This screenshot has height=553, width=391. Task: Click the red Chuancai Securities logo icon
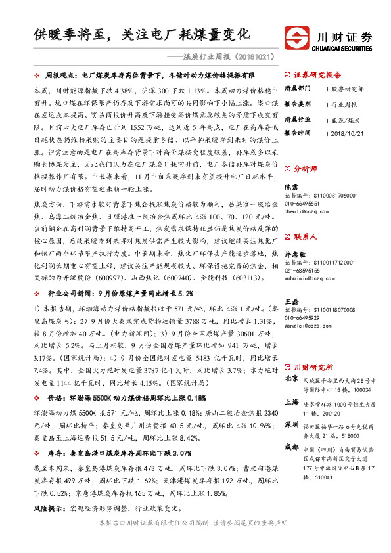pos(297,37)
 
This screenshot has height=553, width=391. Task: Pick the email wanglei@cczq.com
pos(304,324)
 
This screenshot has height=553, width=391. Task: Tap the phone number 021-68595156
pos(303,271)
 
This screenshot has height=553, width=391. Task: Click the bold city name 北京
pos(291,379)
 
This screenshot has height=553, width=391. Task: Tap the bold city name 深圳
pos(291,425)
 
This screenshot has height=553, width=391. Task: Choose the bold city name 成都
pos(291,447)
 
